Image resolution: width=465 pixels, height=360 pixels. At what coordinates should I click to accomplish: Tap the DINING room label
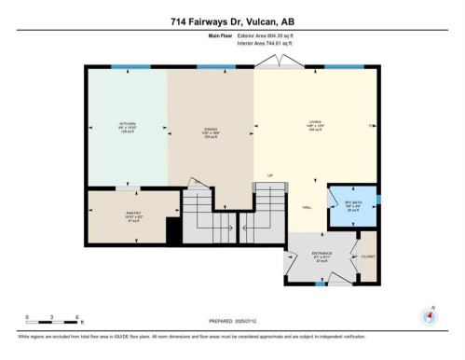pyautogui.click(x=211, y=129)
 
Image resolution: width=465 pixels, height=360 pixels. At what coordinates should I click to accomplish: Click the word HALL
pyautogui.click(x=306, y=207)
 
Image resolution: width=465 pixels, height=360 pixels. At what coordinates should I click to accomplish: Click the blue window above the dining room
pyautogui.click(x=211, y=67)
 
